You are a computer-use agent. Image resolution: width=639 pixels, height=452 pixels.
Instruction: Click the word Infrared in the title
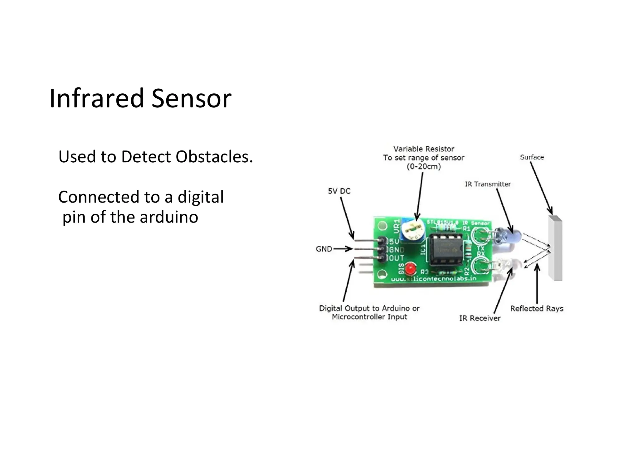(96, 98)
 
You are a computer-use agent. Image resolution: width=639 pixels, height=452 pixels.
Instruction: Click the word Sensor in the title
(191, 98)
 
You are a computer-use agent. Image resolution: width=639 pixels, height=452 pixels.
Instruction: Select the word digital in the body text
(200, 197)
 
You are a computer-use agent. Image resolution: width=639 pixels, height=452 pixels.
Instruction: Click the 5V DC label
(339, 191)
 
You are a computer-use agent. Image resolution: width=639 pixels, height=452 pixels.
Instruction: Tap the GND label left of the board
(324, 249)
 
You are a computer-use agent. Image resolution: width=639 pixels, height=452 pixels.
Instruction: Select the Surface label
(532, 157)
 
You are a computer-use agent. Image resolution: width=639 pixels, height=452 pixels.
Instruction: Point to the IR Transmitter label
(488, 184)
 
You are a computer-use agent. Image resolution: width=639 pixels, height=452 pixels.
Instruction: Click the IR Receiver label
(480, 318)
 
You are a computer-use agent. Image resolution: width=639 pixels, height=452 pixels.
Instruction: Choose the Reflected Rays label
(537, 308)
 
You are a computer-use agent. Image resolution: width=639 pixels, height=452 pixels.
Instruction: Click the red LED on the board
(411, 268)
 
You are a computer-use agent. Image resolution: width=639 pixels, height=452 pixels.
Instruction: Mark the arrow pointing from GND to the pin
(343, 249)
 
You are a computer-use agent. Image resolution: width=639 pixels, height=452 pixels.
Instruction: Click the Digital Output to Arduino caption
(369, 312)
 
